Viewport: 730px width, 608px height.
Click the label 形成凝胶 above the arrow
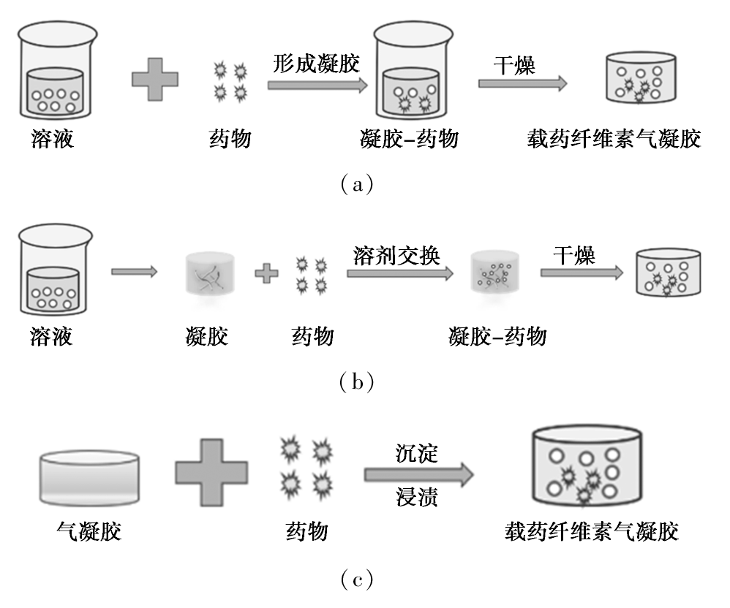coord(316,64)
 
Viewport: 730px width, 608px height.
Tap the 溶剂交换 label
coord(396,255)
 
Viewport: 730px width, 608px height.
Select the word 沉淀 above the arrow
coord(417,453)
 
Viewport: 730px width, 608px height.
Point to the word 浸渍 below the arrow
coord(417,496)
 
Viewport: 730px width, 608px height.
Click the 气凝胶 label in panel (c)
coord(89,531)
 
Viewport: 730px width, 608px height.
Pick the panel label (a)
coord(357,185)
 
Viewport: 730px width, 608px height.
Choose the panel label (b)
coord(357,382)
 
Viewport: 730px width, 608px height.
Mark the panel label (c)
coord(357,579)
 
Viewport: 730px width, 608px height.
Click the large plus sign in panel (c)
coord(211,473)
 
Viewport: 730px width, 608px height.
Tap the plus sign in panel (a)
coord(155,79)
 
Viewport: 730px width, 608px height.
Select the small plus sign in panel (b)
coord(266,273)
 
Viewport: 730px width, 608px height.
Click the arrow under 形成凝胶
coord(318,85)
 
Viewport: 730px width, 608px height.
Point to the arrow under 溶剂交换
coord(400,273)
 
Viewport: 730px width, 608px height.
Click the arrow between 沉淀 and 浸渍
coord(419,474)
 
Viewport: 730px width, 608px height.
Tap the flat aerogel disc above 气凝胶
coord(89,478)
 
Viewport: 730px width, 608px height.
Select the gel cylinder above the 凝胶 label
coord(209,275)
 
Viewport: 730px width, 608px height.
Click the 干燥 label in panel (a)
coord(514,65)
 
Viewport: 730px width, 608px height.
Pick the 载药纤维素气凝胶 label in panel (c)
coord(592,531)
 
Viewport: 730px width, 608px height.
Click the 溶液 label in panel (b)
coord(51,336)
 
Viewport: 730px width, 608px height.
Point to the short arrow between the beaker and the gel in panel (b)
coord(135,271)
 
